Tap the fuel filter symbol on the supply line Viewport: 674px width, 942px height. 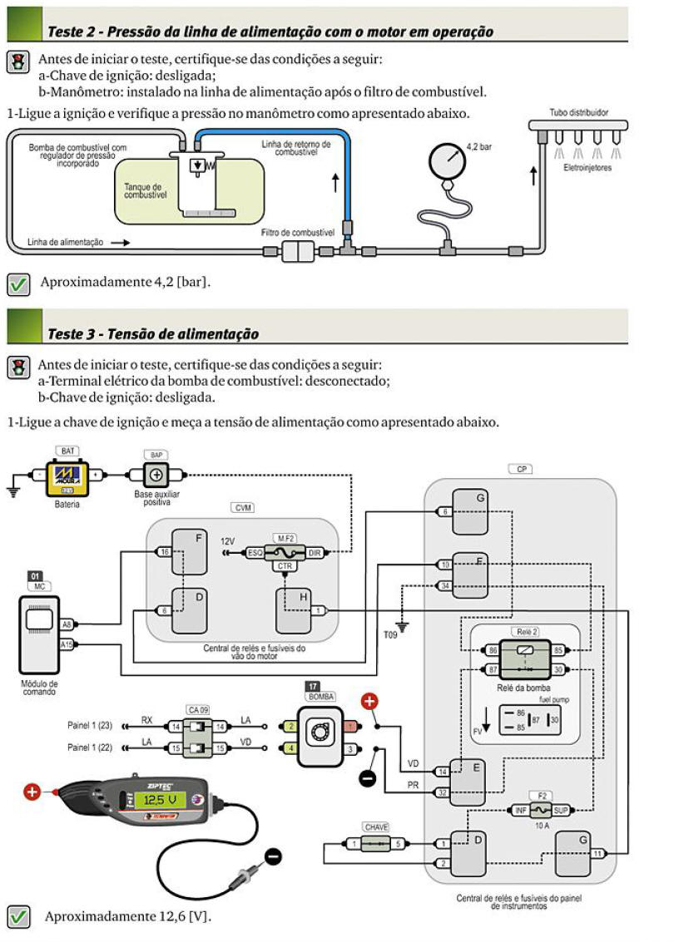296,249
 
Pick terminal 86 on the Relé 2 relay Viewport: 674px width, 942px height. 493,649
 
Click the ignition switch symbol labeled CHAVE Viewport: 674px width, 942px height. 377,844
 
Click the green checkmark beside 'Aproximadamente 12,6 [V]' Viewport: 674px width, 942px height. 19,916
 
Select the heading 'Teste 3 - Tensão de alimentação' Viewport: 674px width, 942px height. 153,334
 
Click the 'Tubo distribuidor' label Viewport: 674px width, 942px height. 578,111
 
